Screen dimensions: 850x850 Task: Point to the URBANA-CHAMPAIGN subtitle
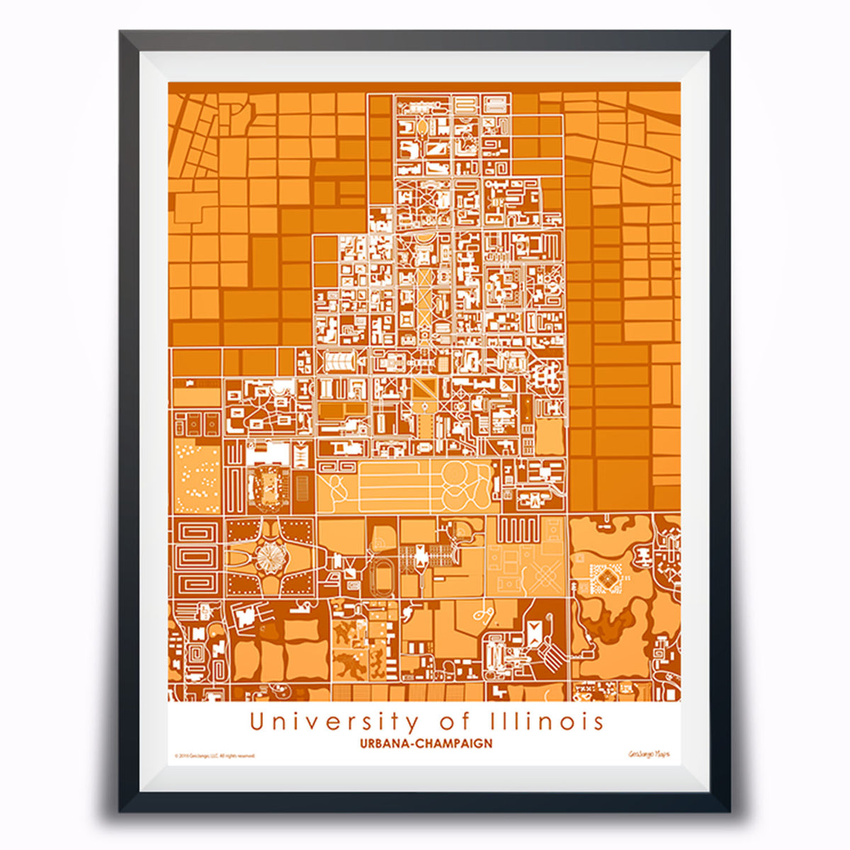tap(425, 744)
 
